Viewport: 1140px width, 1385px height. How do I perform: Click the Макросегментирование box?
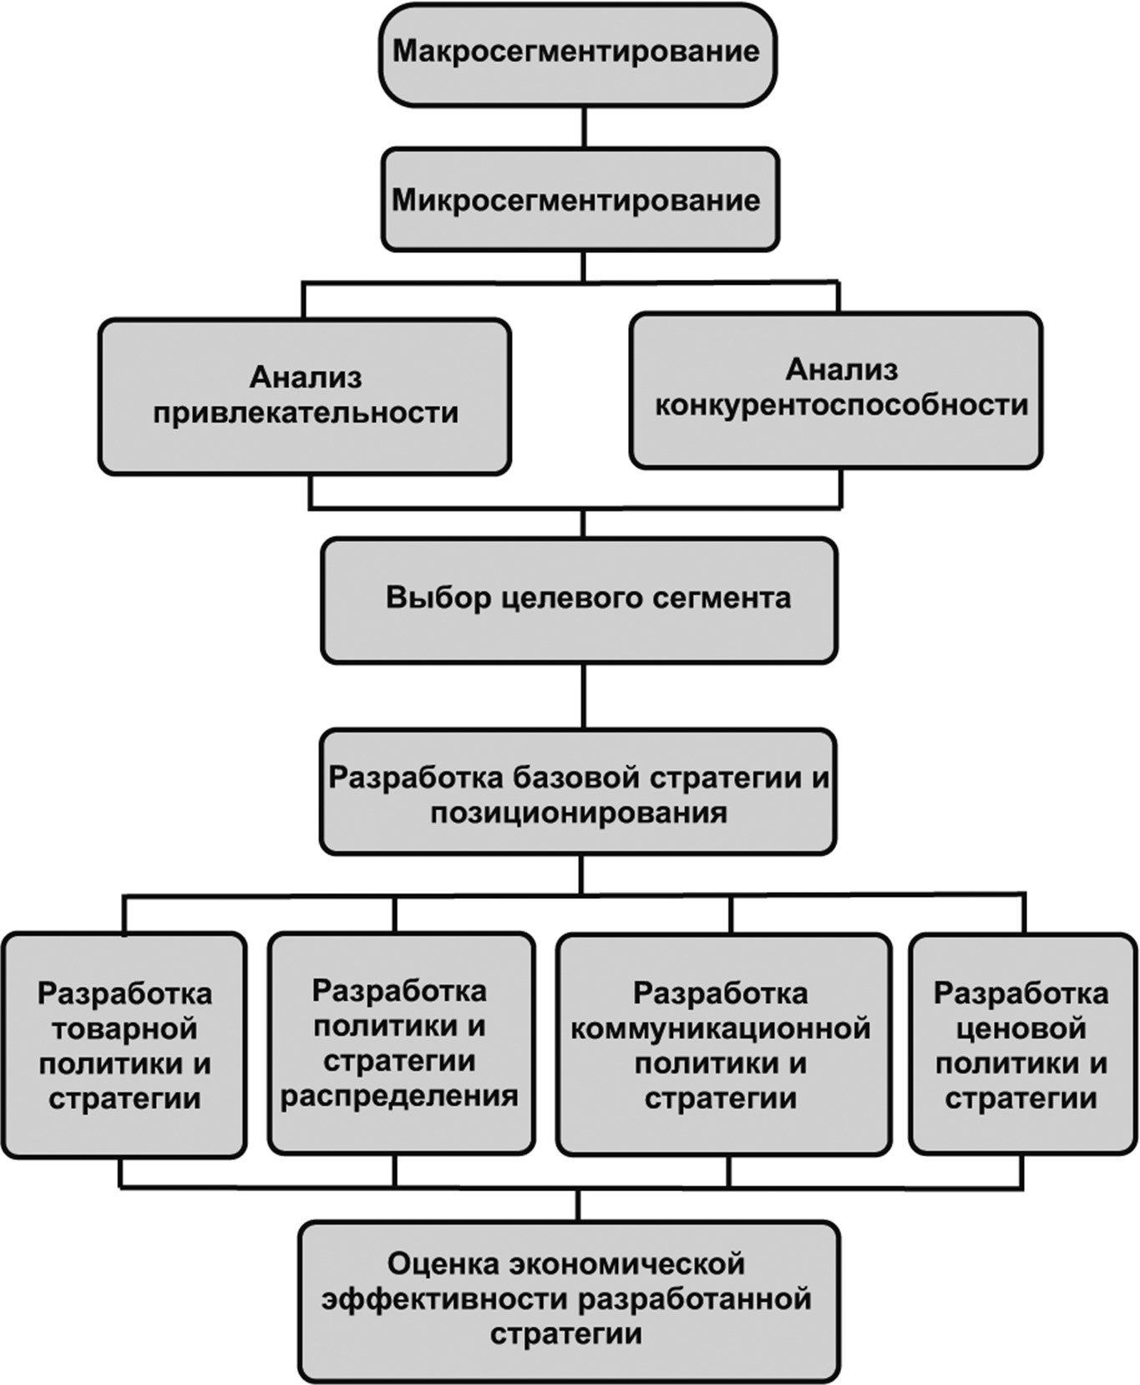[577, 55]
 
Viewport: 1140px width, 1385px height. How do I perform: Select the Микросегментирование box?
[580, 200]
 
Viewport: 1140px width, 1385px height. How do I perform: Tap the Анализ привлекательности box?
[305, 396]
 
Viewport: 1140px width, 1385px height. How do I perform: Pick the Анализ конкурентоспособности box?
[836, 389]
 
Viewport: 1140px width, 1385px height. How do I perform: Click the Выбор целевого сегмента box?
[580, 600]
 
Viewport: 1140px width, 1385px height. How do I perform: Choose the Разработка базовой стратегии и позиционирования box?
[578, 792]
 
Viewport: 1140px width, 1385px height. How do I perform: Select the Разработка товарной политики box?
[124, 1045]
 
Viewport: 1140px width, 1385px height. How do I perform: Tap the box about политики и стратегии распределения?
[400, 1043]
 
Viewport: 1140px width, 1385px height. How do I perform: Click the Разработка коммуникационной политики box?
[723, 1045]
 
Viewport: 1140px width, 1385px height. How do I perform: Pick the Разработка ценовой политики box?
[1022, 1045]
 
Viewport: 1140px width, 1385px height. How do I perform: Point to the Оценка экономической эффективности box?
[569, 1300]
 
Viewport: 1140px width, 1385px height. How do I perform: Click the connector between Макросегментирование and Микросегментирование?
[583, 127]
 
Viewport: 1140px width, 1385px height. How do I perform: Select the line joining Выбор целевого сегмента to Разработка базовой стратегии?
[583, 696]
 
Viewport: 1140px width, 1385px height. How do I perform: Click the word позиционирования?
[578, 813]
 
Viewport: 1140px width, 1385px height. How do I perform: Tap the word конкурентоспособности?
[840, 406]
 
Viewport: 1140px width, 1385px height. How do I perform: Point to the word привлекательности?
[306, 413]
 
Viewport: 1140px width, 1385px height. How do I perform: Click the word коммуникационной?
[721, 1028]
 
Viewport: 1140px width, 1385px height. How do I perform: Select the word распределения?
[399, 1096]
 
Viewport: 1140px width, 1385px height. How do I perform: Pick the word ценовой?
[1021, 1028]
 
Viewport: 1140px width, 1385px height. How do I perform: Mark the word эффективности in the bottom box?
[446, 1300]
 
